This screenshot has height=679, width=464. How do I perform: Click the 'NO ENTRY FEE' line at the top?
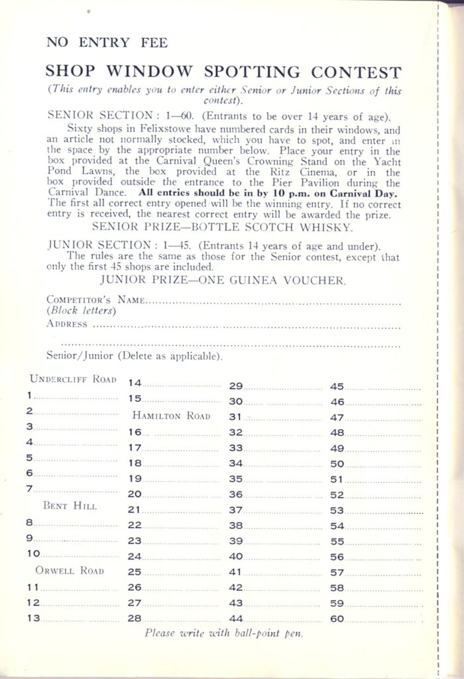point(107,43)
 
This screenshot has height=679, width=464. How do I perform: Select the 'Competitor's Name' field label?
point(95,300)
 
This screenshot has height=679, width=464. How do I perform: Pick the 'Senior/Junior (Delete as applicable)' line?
point(134,357)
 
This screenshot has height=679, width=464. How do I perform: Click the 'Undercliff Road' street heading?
point(74,379)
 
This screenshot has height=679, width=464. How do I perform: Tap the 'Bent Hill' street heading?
point(70,506)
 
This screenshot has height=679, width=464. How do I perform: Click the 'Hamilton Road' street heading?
point(171,416)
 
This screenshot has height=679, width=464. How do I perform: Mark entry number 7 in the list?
point(30,489)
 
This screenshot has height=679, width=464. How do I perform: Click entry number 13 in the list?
point(33,618)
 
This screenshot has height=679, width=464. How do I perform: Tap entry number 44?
point(236,618)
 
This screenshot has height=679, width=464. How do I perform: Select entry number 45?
point(337,386)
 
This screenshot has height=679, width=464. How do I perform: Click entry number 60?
point(337,618)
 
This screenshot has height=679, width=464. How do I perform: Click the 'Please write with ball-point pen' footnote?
point(223,633)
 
